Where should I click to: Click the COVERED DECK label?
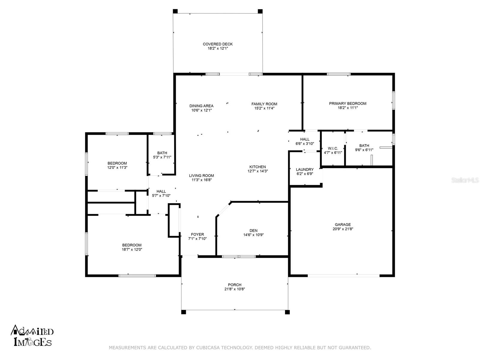(x=217, y=44)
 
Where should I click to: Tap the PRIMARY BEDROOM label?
(x=347, y=103)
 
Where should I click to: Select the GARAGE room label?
(x=343, y=225)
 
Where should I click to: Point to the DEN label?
(x=253, y=231)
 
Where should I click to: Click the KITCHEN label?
(x=258, y=167)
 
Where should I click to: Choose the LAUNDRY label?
(x=304, y=169)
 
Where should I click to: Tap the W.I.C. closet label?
(x=333, y=148)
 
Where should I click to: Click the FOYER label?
(x=197, y=235)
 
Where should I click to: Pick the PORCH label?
(x=235, y=285)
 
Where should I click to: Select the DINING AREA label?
(x=201, y=106)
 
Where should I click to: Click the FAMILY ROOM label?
(x=264, y=104)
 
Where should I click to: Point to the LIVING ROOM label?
(x=201, y=176)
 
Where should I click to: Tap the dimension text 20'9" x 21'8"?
(x=343, y=229)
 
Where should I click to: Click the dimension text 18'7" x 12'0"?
(x=132, y=249)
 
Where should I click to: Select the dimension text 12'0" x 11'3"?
(x=117, y=168)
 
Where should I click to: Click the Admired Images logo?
(x=32, y=335)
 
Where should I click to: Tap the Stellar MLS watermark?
(x=465, y=180)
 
